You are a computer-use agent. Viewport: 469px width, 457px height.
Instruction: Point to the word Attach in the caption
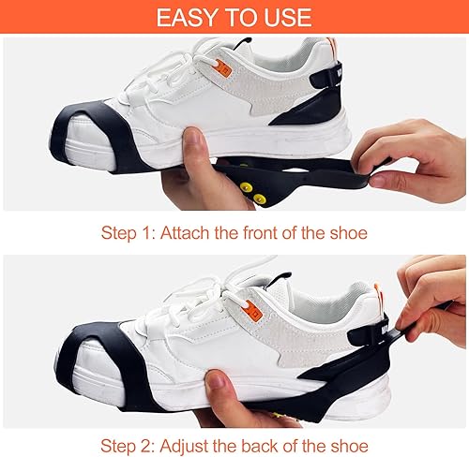coord(185,233)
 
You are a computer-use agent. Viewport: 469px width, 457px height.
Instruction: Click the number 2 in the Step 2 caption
coord(146,446)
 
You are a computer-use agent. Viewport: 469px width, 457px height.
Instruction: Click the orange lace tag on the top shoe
coord(224,68)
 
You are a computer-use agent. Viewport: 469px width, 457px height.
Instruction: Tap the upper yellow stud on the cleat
coord(247,186)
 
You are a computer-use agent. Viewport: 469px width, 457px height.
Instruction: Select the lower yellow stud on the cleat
coord(260,198)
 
